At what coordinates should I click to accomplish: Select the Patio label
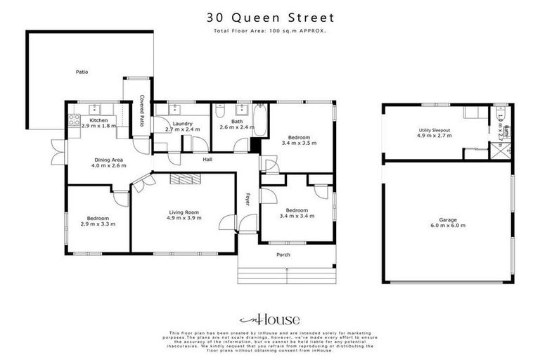82,72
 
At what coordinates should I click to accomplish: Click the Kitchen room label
99,120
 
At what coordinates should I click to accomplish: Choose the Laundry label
183,123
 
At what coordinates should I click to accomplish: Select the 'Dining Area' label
109,160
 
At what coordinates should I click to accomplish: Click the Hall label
207,160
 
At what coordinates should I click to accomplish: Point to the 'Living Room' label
184,212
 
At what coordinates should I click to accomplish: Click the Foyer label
247,200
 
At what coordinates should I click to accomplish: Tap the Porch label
283,255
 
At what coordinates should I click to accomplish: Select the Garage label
447,220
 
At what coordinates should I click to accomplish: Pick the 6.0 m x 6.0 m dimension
447,226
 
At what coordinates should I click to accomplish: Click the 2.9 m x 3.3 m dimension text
98,224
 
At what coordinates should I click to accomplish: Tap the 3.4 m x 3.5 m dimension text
299,143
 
